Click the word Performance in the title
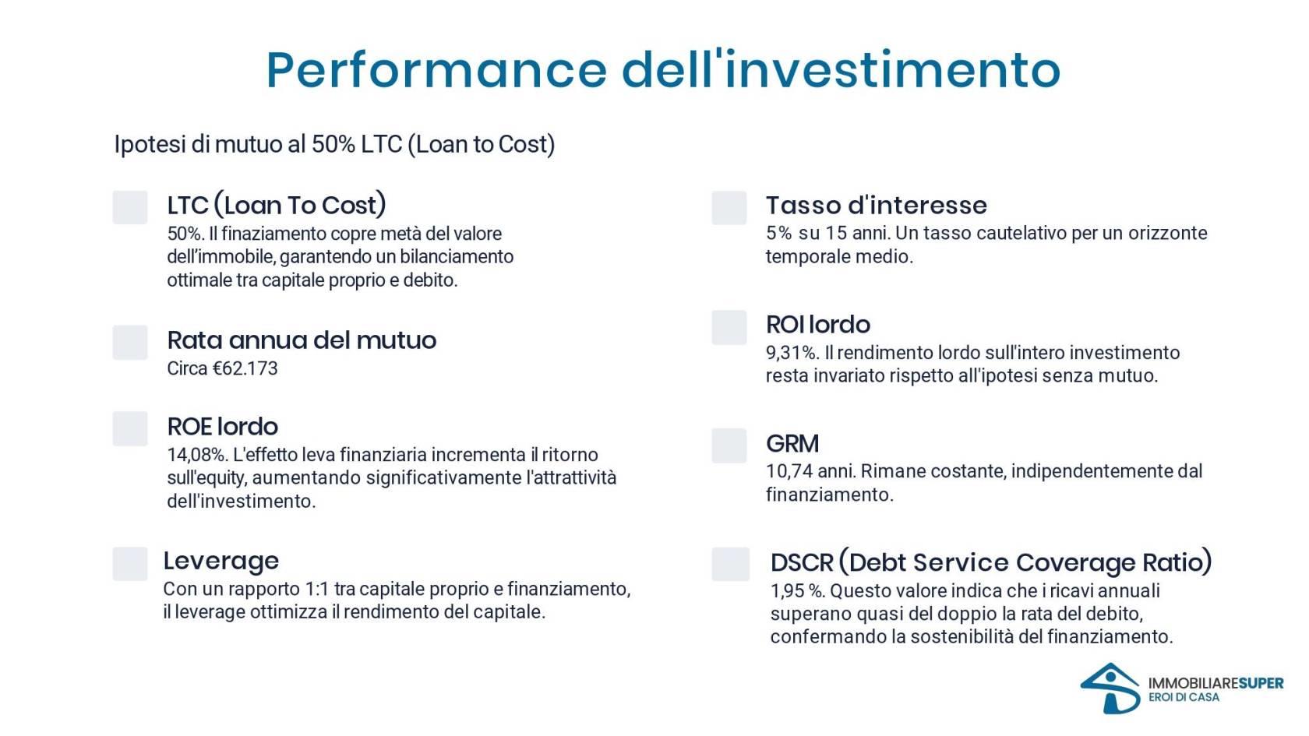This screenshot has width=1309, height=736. coord(436,70)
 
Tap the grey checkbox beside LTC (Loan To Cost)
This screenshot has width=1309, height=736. coord(129,207)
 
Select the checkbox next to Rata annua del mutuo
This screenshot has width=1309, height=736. coord(129,343)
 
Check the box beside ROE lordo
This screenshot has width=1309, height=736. coord(129,428)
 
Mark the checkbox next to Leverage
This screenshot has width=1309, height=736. coord(129,564)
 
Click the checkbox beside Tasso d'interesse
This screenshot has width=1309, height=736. coord(729,207)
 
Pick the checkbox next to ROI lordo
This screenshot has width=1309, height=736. coord(729,328)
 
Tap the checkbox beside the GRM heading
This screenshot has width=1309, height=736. coord(729,445)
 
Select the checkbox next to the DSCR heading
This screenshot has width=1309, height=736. coord(731,564)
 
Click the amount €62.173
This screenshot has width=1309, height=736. coord(245,368)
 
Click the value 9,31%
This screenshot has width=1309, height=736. coord(792,353)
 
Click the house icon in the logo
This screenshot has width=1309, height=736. coord(1110,688)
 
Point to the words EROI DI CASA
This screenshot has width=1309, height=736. coord(1184,698)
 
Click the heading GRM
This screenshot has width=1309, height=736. coord(792,443)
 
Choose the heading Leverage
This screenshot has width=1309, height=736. coord(221,561)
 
